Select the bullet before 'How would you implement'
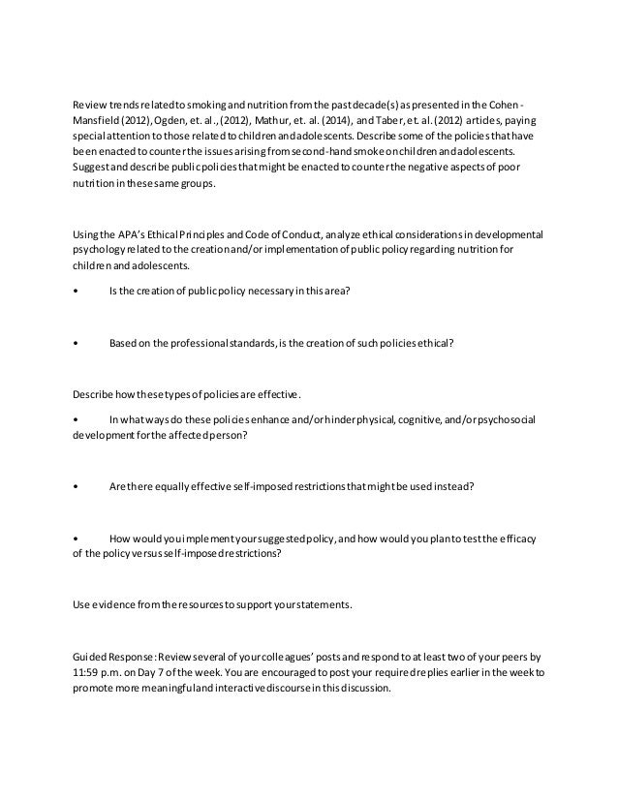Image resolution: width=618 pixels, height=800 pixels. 77,538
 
